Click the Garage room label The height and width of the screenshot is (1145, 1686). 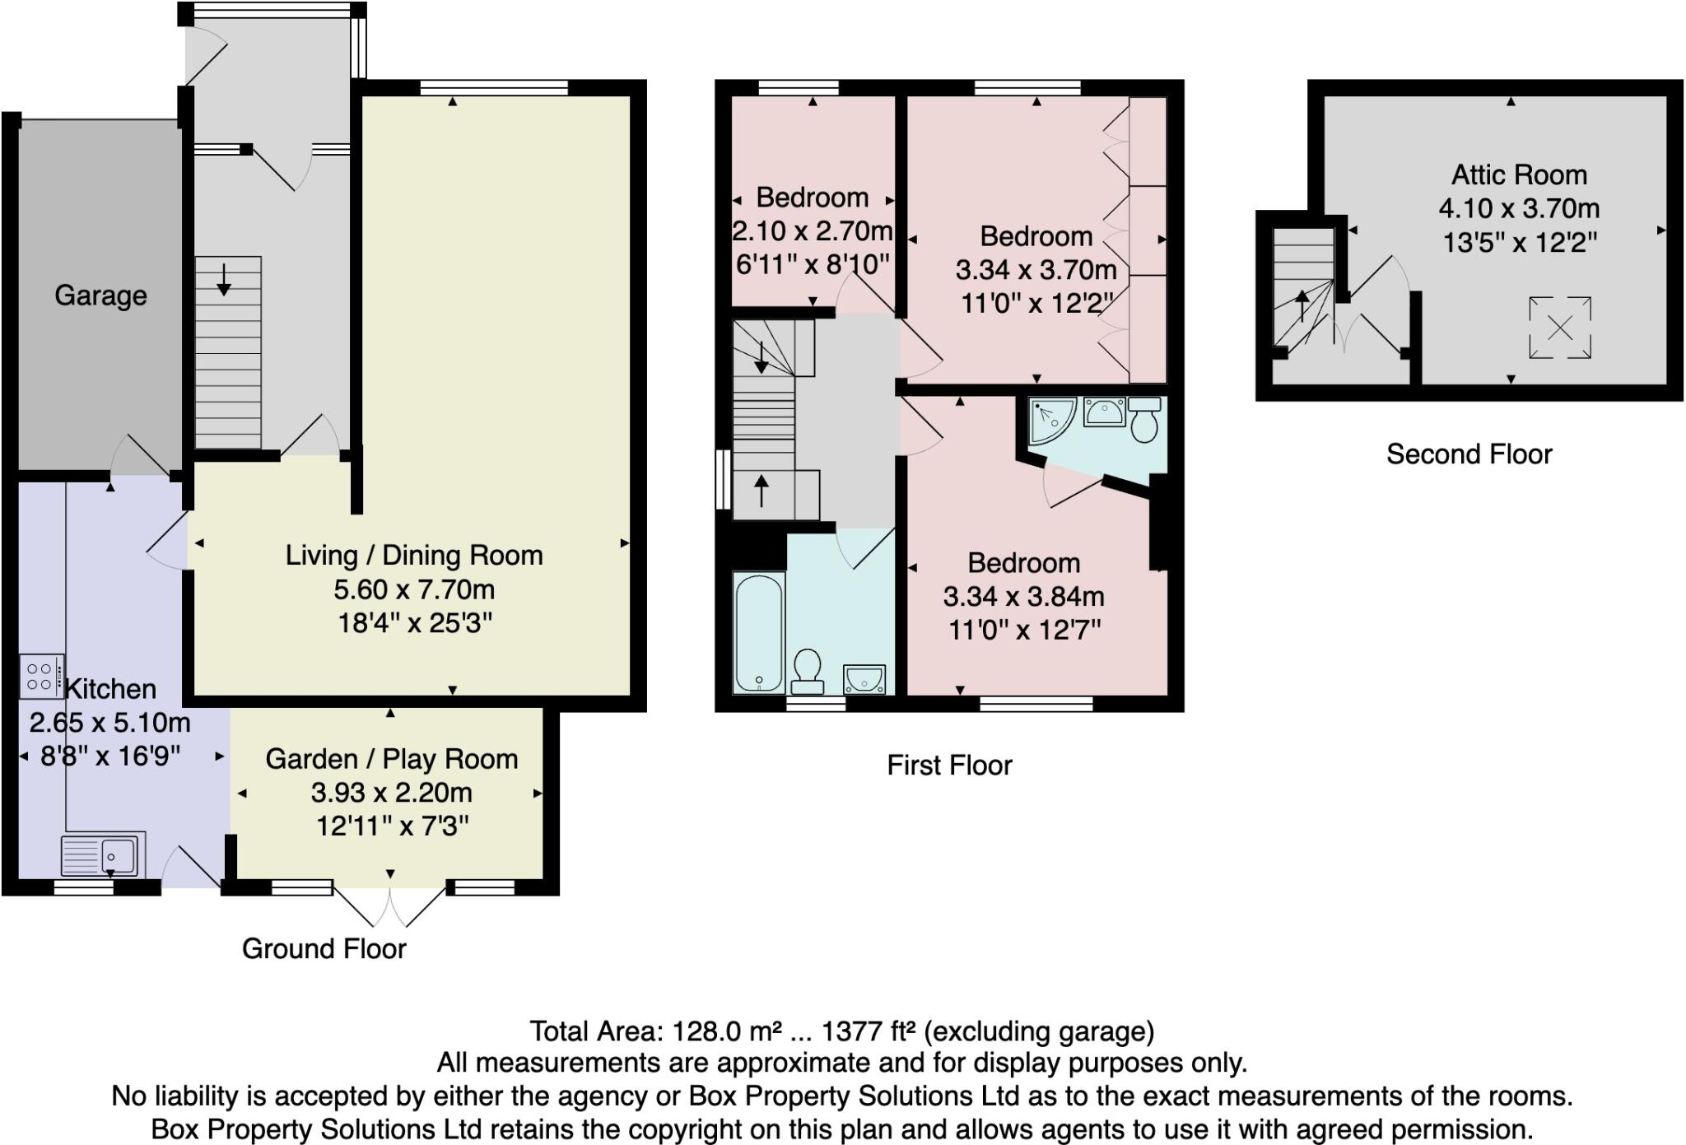(x=100, y=296)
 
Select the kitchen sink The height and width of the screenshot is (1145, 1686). (x=102, y=855)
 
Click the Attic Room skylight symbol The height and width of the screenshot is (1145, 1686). (x=1559, y=328)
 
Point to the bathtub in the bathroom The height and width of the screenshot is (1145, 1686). (x=758, y=632)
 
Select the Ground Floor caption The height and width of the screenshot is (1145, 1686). (x=324, y=948)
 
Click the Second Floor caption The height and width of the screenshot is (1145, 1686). (x=1469, y=454)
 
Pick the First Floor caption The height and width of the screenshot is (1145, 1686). (x=949, y=766)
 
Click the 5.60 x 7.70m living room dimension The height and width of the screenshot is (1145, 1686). (x=414, y=589)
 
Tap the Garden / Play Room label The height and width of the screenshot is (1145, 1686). (x=391, y=758)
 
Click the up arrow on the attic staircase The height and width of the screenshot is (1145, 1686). (x=1302, y=305)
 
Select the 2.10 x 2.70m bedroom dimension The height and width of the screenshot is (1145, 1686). (x=812, y=231)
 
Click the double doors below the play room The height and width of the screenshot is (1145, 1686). (x=390, y=906)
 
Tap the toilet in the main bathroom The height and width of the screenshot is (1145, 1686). (x=807, y=672)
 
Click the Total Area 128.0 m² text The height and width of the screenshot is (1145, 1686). (x=841, y=1031)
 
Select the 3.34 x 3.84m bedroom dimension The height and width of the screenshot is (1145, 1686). (x=1023, y=597)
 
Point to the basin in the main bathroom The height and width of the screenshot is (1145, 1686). (x=864, y=679)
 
